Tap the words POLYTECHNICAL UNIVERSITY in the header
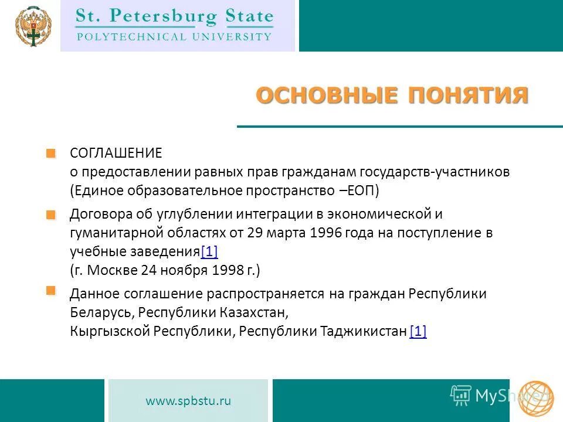174,36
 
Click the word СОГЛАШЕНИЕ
116,154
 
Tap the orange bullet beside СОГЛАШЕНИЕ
51,154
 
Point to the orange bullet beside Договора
51,215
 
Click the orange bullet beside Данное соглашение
51,291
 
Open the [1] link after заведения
209,252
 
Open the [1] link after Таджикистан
418,331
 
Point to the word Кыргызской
110,331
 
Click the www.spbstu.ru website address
188,401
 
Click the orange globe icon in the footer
535,399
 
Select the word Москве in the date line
114,271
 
